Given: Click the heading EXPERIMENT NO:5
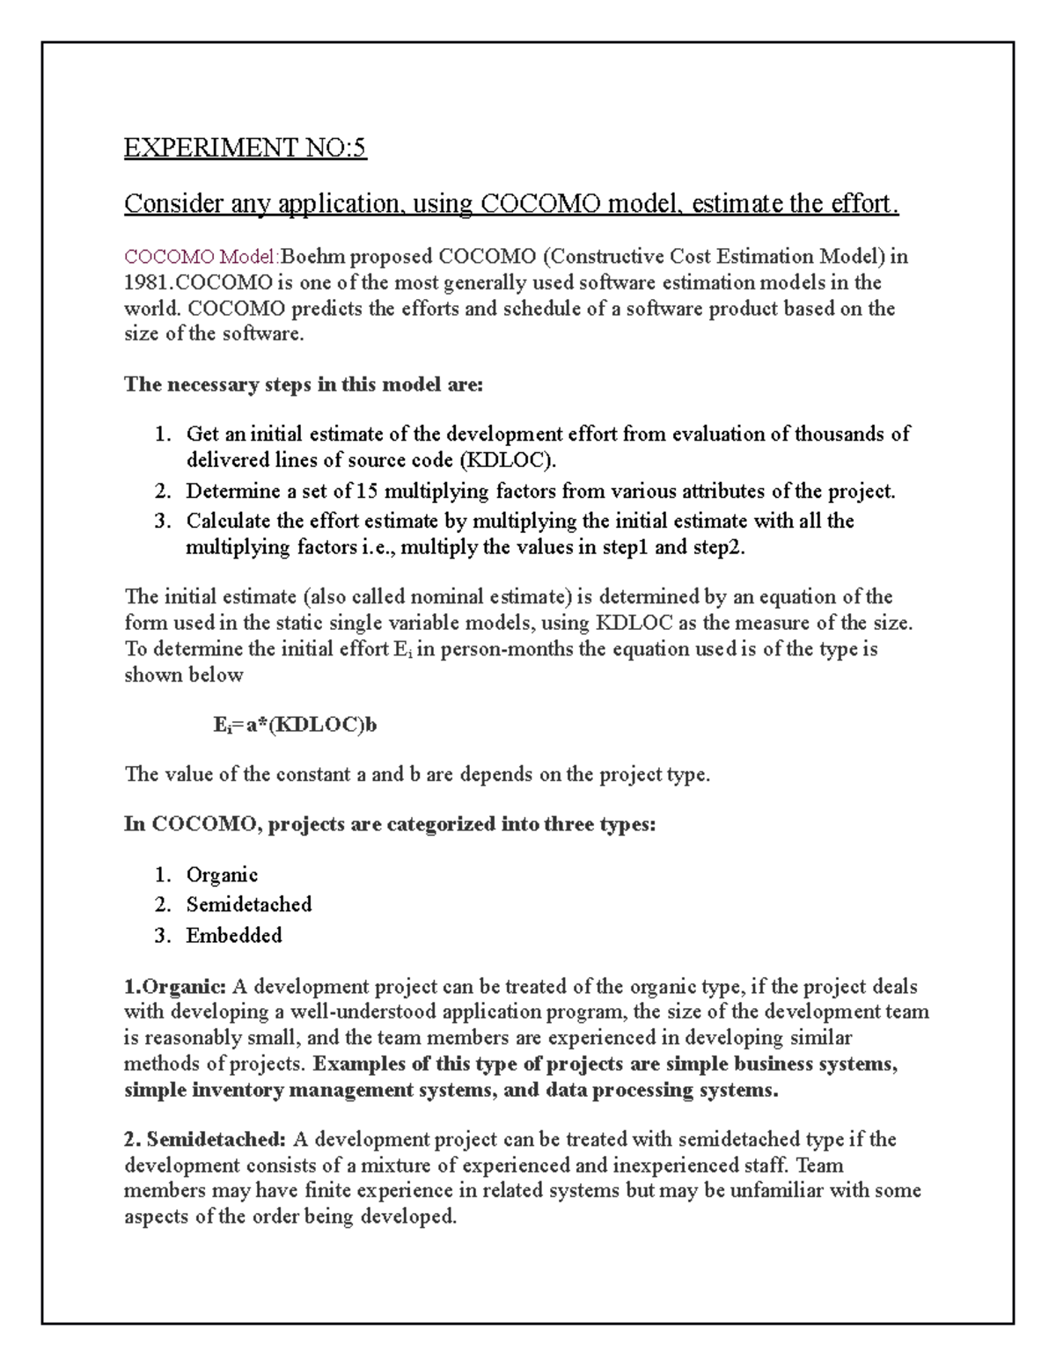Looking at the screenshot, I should pos(245,148).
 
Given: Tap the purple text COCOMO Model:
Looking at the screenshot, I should pos(202,257).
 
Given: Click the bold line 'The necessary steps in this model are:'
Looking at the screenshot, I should pos(304,384).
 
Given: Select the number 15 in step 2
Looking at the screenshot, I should pos(367,491).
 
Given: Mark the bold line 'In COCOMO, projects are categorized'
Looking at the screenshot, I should pos(390,825).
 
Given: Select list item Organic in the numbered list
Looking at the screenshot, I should pos(222,875).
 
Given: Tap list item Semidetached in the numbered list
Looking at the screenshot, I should pos(249,904).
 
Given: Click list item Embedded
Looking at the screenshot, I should pos(234,935).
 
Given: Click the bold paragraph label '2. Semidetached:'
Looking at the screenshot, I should pos(205,1140).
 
